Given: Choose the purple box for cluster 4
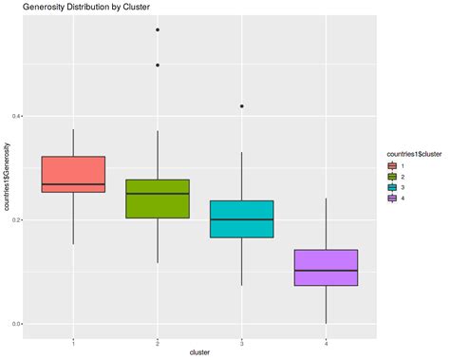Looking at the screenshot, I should [x=326, y=267].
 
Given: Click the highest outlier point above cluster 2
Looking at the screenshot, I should [x=158, y=29].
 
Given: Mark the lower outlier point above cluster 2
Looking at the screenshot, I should [x=158, y=65].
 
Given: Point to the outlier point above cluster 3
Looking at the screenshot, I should [x=242, y=106].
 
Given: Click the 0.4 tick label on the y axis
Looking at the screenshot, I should [x=16, y=116].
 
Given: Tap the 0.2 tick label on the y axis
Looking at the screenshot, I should [x=16, y=219].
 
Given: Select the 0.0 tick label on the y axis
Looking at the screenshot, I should [x=16, y=324].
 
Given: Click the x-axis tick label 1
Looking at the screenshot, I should [x=73, y=341].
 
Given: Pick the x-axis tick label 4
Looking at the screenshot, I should [x=326, y=341].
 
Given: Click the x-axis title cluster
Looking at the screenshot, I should [x=199, y=352].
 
